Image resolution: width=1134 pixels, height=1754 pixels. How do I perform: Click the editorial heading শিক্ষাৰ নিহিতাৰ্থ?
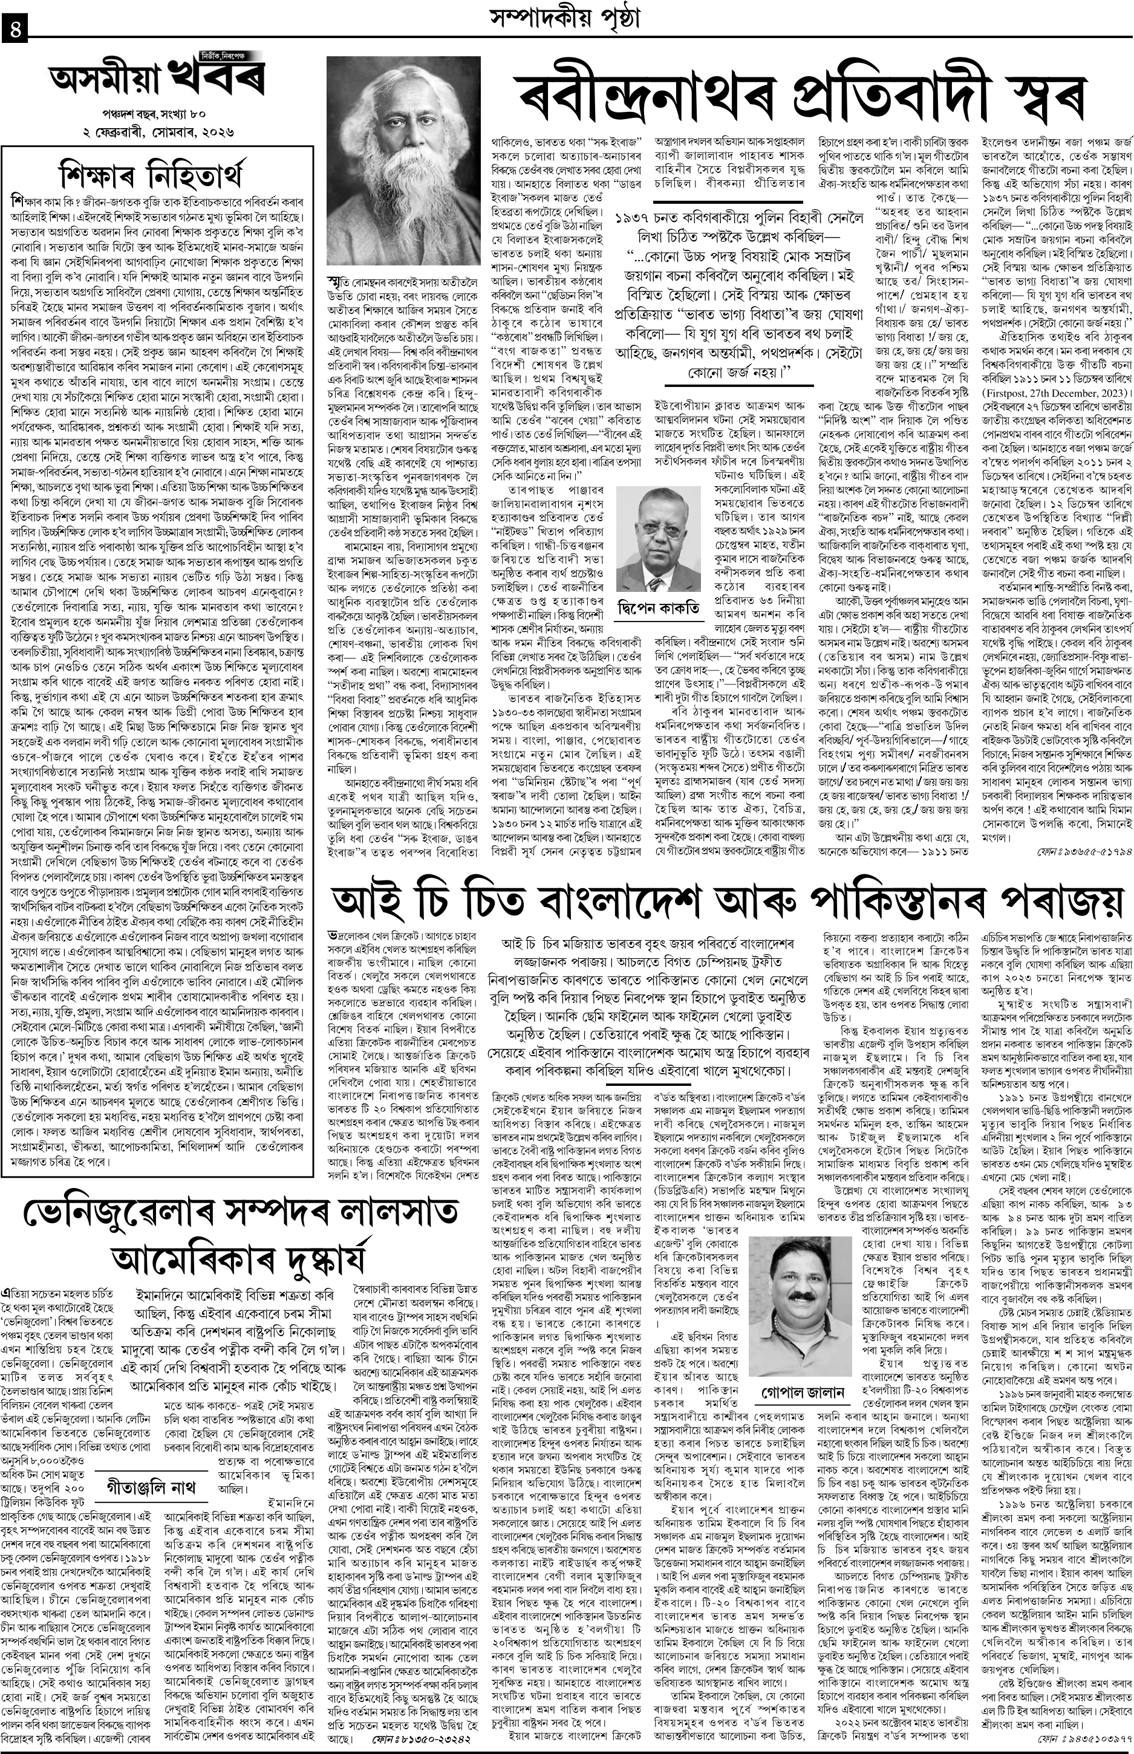[158, 176]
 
